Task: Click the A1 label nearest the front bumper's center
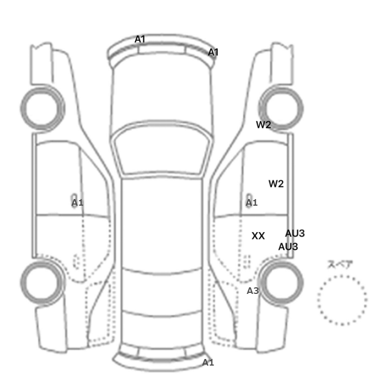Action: [x=140, y=39]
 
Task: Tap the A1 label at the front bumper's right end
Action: [x=213, y=52]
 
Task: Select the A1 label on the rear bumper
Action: [x=208, y=362]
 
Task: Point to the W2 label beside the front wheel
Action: [x=264, y=125]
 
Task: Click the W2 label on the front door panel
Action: [x=276, y=184]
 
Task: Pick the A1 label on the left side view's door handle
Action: [x=77, y=202]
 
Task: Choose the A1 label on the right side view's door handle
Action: [x=251, y=202]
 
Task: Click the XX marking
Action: [x=258, y=236]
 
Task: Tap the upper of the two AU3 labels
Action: [x=295, y=233]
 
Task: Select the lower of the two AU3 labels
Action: [x=288, y=246]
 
